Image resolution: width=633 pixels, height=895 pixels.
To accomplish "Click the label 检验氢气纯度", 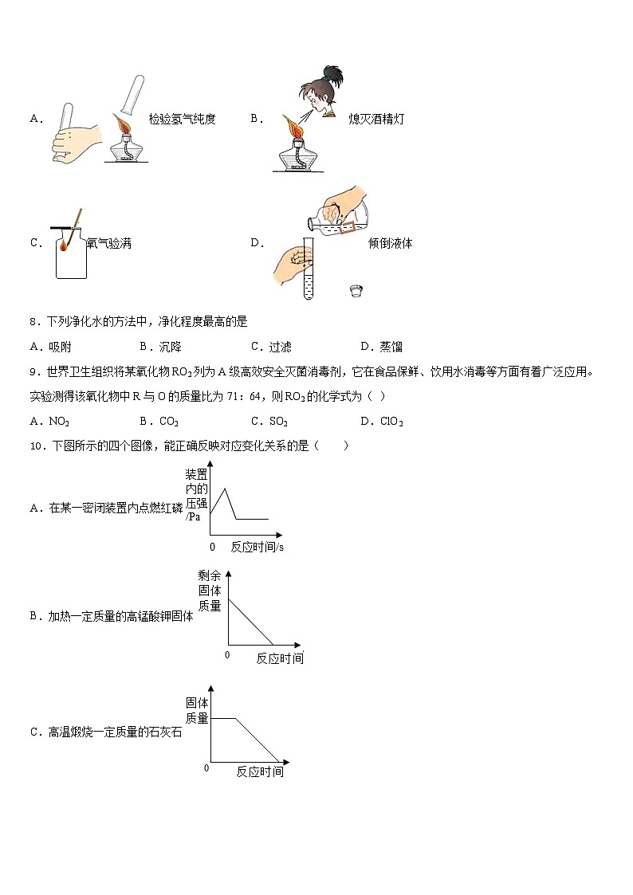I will coord(182,120).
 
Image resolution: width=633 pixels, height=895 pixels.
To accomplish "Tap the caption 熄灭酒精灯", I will coord(376,120).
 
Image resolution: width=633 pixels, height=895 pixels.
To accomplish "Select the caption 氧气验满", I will coord(108,244).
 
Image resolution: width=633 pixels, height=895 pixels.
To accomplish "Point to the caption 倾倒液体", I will coord(391,244).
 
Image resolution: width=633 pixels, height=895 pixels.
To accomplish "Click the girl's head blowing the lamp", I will coord(322,92).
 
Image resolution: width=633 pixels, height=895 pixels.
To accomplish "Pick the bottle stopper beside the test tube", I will coord(356,291).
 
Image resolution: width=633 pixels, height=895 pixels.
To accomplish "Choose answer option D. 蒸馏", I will coord(382,347).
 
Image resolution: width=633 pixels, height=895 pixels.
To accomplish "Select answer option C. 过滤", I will coord(271,347).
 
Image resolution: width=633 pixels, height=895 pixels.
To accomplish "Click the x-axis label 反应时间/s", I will coord(258,547).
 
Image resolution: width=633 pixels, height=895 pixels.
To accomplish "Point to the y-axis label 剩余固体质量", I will coord(209,591).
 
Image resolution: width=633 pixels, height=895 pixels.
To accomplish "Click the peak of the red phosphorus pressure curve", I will coord(226,489).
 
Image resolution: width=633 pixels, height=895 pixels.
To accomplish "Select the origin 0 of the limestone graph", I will coord(207,767).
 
